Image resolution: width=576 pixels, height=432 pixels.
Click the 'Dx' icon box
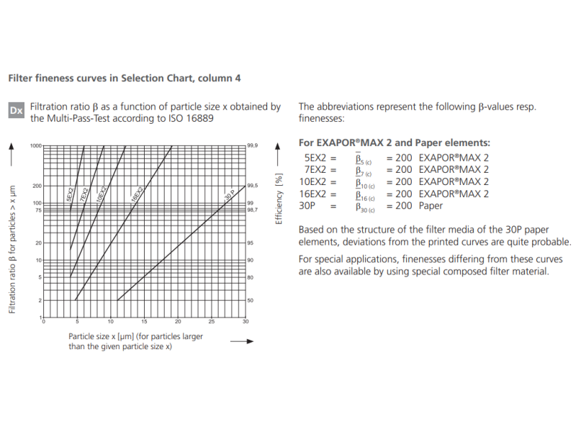17,111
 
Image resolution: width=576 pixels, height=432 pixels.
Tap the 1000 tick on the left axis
35,145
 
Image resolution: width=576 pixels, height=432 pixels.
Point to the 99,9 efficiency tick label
252,145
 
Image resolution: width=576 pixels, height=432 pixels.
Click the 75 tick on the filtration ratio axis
37,210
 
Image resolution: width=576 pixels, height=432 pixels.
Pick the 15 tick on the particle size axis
144,321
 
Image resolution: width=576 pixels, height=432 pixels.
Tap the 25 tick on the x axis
211,321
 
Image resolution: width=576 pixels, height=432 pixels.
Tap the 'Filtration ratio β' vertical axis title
12,249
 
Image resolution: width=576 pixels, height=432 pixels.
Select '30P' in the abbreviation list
307,206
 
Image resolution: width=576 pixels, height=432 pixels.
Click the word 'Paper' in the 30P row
431,206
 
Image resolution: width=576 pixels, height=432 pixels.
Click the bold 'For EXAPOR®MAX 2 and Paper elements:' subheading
394,143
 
